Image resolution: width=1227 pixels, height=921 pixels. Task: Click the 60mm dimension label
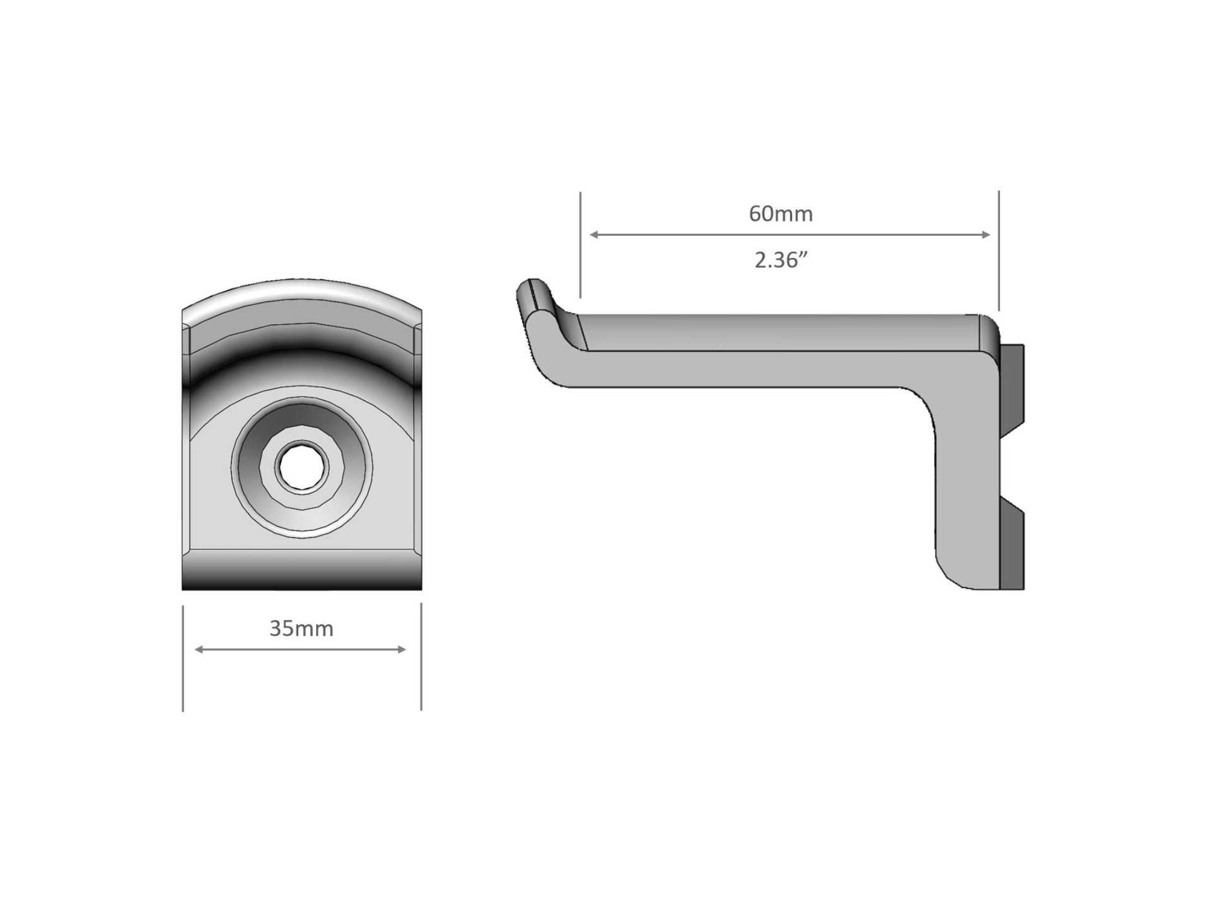tap(781, 214)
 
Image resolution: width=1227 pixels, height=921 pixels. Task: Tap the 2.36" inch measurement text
tap(781, 260)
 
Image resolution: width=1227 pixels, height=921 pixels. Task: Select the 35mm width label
tap(301, 628)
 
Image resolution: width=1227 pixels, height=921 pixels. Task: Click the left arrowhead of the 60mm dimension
tap(593, 235)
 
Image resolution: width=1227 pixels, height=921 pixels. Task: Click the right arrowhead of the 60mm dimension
tap(986, 235)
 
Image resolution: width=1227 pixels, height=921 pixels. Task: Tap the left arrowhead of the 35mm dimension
tap(199, 649)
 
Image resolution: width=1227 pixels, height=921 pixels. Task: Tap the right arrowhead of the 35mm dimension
tap(402, 649)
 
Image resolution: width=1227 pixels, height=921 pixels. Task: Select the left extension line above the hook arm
tap(580, 245)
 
